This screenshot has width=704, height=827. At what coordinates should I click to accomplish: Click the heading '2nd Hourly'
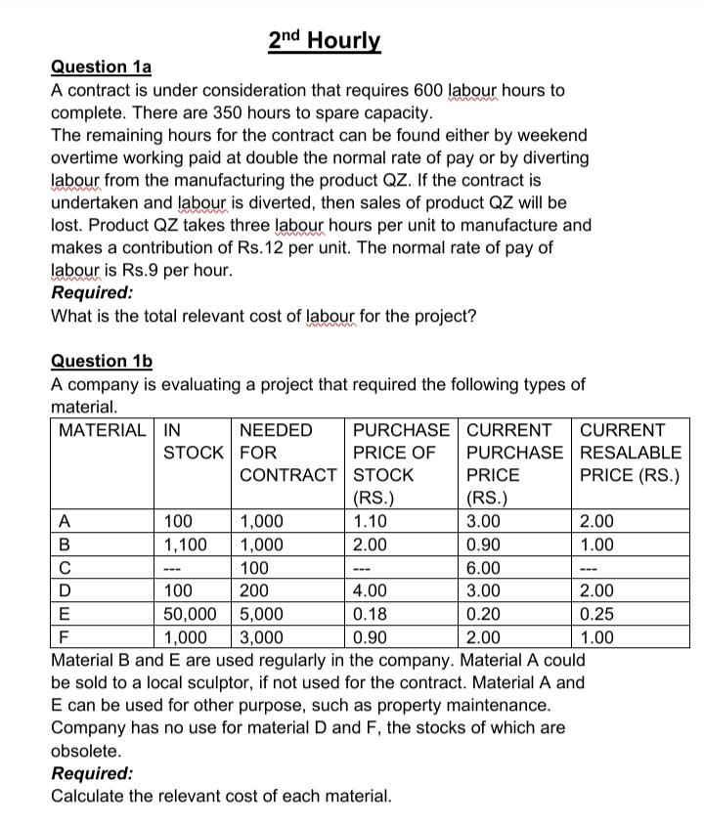pos(324,41)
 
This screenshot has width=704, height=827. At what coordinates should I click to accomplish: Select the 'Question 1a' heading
pos(101,67)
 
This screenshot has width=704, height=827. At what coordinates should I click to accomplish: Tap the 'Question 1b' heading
pos(102,361)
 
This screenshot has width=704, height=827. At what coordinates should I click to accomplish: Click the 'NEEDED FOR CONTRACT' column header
pos(288,453)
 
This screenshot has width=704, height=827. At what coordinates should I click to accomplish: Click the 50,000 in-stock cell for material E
pos(192,615)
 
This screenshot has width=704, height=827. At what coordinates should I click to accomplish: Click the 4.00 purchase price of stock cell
pos(370,591)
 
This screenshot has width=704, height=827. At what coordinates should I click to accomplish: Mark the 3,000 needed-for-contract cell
pos(261,638)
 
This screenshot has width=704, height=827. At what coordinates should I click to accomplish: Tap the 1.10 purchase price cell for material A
pos(370,521)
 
